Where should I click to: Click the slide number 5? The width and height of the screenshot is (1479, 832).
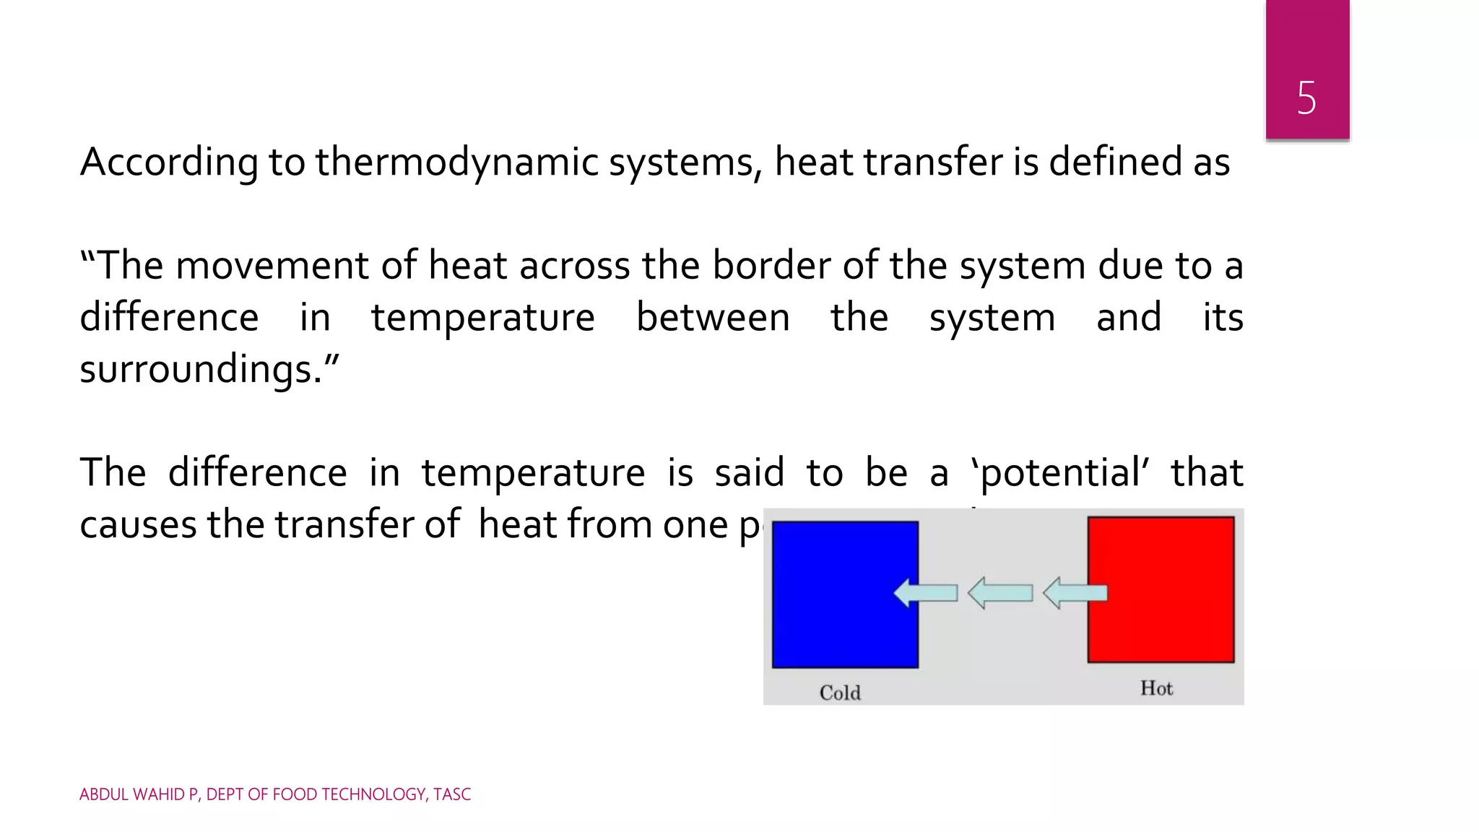click(1306, 97)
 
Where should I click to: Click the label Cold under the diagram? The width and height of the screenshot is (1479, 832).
click(840, 693)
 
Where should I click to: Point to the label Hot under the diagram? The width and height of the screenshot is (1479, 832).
click(1156, 688)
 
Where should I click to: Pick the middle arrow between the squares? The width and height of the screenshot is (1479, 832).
click(1000, 593)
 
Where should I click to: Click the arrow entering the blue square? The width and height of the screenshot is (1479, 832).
click(926, 593)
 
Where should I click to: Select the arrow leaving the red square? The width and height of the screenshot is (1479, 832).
click(1075, 593)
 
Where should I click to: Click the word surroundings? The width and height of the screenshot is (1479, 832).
click(201, 369)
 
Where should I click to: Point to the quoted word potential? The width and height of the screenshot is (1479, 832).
click(1060, 473)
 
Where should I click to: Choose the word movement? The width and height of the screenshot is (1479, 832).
click(272, 265)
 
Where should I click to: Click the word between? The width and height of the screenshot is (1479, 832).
click(713, 318)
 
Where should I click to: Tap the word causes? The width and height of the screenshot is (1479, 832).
click(138, 524)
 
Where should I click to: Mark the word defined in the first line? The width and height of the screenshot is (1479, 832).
click(1115, 162)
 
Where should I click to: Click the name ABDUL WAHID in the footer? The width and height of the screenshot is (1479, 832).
click(132, 794)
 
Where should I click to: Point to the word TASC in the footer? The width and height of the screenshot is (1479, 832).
click(452, 794)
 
